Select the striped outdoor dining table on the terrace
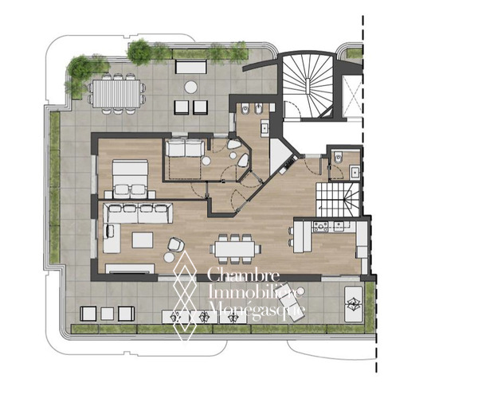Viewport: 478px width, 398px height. pyautogui.click(x=117, y=93)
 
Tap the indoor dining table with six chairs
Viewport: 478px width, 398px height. pyautogui.click(x=235, y=248)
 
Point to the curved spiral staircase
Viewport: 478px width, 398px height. pyautogui.click(x=308, y=86)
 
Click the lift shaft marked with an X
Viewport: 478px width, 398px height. pyautogui.click(x=351, y=96)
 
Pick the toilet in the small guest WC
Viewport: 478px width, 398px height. pyautogui.click(x=338, y=158)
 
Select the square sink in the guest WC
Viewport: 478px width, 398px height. pyautogui.click(x=355, y=172)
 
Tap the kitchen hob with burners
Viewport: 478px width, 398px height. pyautogui.click(x=321, y=226)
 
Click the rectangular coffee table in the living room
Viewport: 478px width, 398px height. pyautogui.click(x=143, y=240)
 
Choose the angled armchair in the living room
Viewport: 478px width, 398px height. pyautogui.click(x=176, y=244)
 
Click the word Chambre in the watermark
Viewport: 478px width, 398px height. pyautogui.click(x=243, y=275)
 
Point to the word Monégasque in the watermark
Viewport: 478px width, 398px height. pyautogui.click(x=258, y=310)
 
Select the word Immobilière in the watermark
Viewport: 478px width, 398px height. pyautogui.click(x=256, y=292)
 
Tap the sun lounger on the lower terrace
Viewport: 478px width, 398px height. pyautogui.click(x=291, y=302)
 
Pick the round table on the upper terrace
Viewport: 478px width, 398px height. pyautogui.click(x=191, y=87)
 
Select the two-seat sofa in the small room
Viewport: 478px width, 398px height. pyautogui.click(x=185, y=148)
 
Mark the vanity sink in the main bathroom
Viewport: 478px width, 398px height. pyautogui.click(x=264, y=127)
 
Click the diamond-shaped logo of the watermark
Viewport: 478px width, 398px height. pyautogui.click(x=185, y=295)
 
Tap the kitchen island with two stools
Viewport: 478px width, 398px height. pyautogui.click(x=302, y=237)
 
